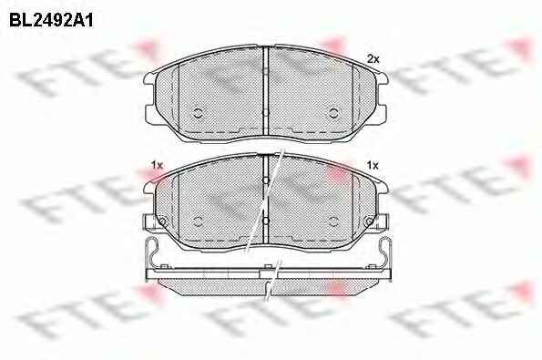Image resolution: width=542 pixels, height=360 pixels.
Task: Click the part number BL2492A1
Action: pyautogui.click(x=51, y=21)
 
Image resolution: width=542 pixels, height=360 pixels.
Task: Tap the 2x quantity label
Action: pyautogui.click(x=373, y=59)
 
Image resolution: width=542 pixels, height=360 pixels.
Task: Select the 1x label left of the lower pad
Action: pyautogui.click(x=157, y=165)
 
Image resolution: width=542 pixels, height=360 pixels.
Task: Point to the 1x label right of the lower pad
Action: pyautogui.click(x=373, y=166)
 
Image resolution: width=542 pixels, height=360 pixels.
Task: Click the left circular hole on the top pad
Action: pyautogui.click(x=198, y=113)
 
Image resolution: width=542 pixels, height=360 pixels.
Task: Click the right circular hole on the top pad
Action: pyautogui.click(x=333, y=113)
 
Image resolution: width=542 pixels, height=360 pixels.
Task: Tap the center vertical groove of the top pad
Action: pyautogui.click(x=266, y=92)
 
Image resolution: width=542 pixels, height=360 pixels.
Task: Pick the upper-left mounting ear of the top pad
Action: pyautogui.click(x=149, y=79)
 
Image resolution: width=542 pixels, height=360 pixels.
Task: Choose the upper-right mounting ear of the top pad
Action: pyautogui.click(x=383, y=79)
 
